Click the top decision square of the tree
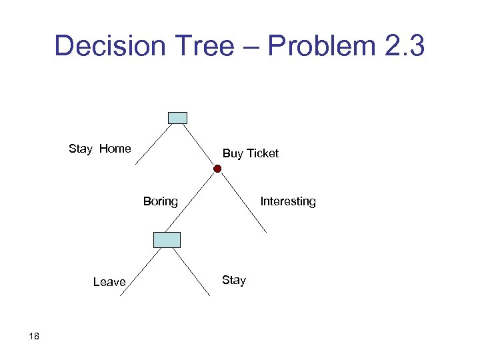click(x=177, y=118)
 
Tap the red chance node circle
click(x=217, y=169)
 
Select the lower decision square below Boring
click(x=167, y=239)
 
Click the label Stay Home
click(x=100, y=149)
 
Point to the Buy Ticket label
click(x=251, y=153)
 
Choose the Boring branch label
click(x=161, y=201)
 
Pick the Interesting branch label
click(x=288, y=201)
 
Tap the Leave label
click(x=109, y=282)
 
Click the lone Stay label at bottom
click(x=234, y=280)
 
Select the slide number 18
click(x=35, y=336)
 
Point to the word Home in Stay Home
click(x=115, y=149)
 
